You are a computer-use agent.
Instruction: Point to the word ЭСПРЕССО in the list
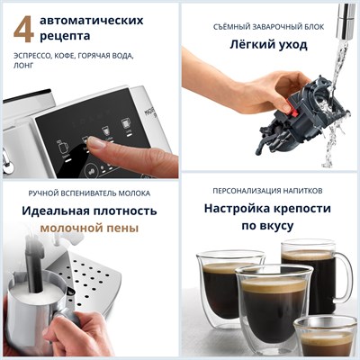[x=36, y=56]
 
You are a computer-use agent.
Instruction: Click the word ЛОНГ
[x=26, y=67]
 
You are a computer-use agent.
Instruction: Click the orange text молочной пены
[x=89, y=229]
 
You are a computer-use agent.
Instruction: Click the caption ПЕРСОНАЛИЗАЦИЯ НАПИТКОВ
[x=267, y=192]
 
